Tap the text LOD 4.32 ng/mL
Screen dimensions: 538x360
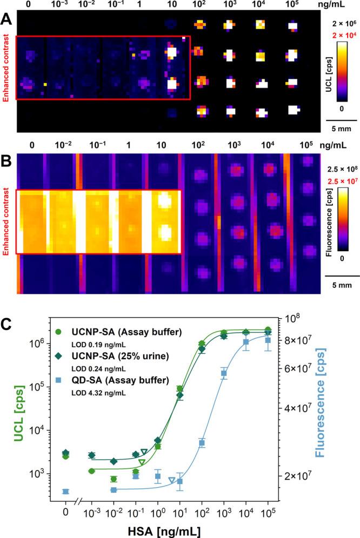tap(99, 393)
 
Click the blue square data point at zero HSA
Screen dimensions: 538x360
tap(66, 491)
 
